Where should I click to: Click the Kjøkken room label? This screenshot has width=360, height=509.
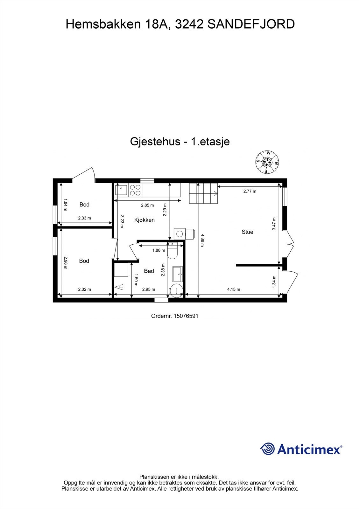click(145, 220)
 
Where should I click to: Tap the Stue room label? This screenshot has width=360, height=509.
click(247, 232)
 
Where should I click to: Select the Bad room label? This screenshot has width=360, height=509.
click(149, 271)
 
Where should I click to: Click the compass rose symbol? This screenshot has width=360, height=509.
click(267, 162)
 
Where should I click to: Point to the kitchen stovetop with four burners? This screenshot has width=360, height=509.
click(135, 190)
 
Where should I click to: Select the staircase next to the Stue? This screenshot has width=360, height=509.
click(203, 193)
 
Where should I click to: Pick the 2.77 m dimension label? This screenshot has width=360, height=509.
click(250, 191)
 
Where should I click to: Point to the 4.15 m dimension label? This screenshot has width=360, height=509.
click(233, 289)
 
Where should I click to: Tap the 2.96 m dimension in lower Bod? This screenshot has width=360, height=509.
click(65, 263)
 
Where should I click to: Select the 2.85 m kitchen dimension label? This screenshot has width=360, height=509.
click(147, 205)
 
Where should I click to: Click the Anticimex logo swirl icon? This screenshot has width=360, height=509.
click(267, 449)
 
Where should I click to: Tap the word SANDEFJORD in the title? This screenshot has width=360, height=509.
click(251, 24)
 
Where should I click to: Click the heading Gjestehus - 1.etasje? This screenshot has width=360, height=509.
click(180, 142)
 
